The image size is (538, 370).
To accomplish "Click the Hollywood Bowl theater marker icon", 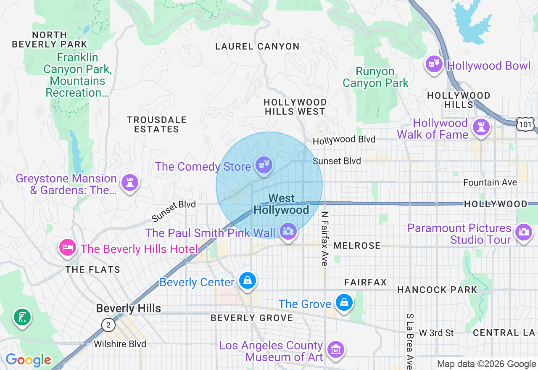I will [x=434, y=64].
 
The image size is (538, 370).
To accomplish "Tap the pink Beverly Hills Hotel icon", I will [x=68, y=247].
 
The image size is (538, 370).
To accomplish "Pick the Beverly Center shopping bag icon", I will [x=247, y=280].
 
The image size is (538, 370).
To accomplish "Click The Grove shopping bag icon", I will [x=344, y=302].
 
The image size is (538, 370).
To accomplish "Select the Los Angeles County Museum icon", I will [x=336, y=349].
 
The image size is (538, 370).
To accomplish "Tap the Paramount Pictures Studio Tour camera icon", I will [x=524, y=232].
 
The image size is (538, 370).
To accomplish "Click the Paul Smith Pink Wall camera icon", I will [x=288, y=231].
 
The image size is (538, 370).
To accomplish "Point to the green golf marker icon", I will [x=22, y=317].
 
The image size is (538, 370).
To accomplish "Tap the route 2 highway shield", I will [x=108, y=325].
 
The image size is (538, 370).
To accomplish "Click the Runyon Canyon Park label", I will [x=375, y=77].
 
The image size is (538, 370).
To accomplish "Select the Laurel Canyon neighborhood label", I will [x=257, y=46].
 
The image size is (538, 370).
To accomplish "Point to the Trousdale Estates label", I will [x=156, y=125].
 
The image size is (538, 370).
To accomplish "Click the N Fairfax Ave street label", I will [x=324, y=238].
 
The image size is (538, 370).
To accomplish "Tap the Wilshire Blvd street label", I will [x=120, y=344].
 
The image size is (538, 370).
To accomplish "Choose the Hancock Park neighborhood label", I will [x=437, y=290].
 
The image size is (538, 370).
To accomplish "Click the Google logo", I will [x=28, y=360].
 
